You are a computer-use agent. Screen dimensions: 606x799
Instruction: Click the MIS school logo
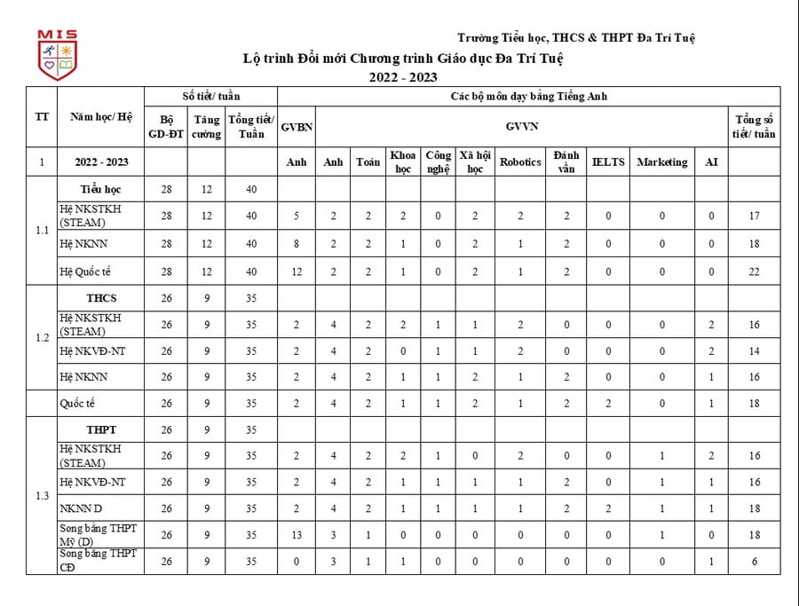tap(57, 55)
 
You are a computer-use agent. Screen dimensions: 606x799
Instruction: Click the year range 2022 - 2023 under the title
tap(404, 77)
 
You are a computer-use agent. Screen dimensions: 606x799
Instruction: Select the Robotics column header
tap(520, 162)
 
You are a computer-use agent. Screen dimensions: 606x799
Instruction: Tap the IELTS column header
tap(608, 162)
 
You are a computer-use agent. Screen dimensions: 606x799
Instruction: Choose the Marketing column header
tap(661, 162)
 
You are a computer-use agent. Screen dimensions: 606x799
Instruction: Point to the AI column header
tap(711, 162)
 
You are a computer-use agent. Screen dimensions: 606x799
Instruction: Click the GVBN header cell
tap(297, 127)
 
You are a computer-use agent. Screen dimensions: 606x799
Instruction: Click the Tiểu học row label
tap(100, 189)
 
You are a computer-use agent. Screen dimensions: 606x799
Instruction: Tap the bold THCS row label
tap(101, 298)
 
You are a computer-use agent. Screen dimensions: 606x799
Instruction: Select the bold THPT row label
tap(101, 430)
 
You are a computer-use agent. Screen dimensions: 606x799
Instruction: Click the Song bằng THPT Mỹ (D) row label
tap(98, 535)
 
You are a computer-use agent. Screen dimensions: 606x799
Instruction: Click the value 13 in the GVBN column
tap(297, 535)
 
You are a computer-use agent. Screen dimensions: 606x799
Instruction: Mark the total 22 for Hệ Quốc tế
tap(754, 272)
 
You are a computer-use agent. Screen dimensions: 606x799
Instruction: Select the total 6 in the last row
tap(754, 562)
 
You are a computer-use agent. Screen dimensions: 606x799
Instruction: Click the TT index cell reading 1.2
tap(42, 338)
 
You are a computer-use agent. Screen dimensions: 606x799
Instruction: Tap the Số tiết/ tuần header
tap(210, 96)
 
